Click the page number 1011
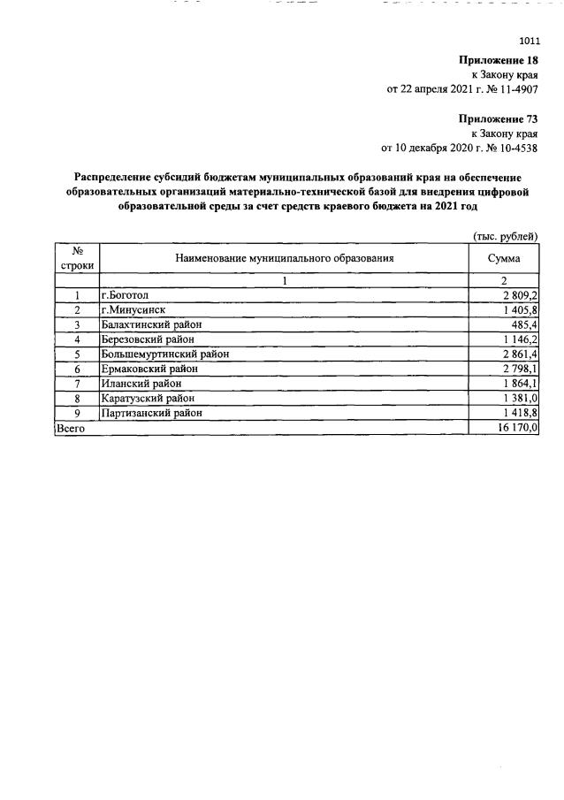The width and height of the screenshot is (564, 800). click(x=528, y=41)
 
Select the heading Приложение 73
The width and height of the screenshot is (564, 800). click(x=498, y=118)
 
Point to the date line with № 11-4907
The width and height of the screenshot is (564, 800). click(x=462, y=89)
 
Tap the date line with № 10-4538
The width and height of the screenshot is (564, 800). click(x=459, y=148)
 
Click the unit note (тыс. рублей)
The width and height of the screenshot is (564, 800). click(x=506, y=237)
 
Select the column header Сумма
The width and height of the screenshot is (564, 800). click(x=503, y=258)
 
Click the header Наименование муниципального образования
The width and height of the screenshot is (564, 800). click(x=284, y=258)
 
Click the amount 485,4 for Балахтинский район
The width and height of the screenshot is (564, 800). click(x=522, y=324)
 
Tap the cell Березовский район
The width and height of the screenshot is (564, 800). click(x=147, y=339)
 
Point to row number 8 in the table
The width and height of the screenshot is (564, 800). click(x=77, y=399)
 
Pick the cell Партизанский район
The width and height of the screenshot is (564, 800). click(x=152, y=413)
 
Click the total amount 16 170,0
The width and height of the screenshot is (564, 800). click(x=517, y=428)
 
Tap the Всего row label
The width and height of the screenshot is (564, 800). click(x=71, y=428)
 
